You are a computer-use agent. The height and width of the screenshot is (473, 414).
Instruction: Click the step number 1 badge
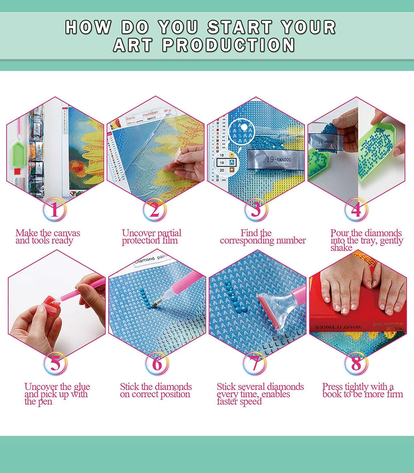click(55, 210)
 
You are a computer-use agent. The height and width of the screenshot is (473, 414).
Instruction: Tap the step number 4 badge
click(356, 210)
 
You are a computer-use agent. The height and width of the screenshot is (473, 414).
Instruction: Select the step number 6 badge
click(157, 363)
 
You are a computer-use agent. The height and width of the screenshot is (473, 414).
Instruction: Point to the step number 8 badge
click(356, 363)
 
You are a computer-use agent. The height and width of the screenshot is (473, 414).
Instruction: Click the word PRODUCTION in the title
click(229, 45)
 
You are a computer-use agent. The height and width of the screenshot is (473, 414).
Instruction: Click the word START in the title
click(240, 27)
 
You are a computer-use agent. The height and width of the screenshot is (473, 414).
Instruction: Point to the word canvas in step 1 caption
click(67, 233)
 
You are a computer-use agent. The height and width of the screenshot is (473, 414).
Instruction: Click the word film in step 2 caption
click(170, 241)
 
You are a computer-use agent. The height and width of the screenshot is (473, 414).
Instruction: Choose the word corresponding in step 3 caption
click(247, 241)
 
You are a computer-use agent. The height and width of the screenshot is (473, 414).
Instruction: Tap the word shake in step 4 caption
click(341, 248)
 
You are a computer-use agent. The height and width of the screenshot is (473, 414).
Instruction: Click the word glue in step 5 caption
click(82, 387)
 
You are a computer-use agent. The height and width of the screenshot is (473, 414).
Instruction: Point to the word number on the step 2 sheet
click(150, 113)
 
